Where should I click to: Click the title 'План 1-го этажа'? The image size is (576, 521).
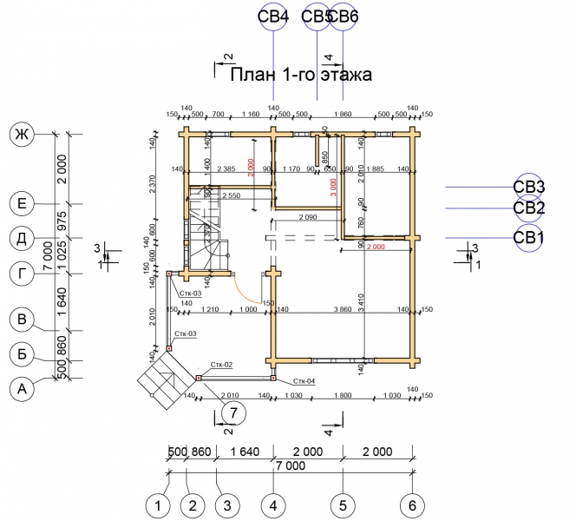(301, 76)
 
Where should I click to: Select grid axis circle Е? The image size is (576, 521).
(20, 204)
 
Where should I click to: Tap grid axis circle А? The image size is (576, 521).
(20, 391)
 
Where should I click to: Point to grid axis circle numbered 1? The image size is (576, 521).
(157, 505)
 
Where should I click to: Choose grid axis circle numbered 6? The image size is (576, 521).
(413, 505)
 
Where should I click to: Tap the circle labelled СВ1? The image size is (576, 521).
(529, 238)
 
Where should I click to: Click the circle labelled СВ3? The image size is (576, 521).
(529, 187)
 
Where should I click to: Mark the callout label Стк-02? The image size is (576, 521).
(222, 366)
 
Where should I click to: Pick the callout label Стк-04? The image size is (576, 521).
(303, 381)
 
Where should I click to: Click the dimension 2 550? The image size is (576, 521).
(232, 197)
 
